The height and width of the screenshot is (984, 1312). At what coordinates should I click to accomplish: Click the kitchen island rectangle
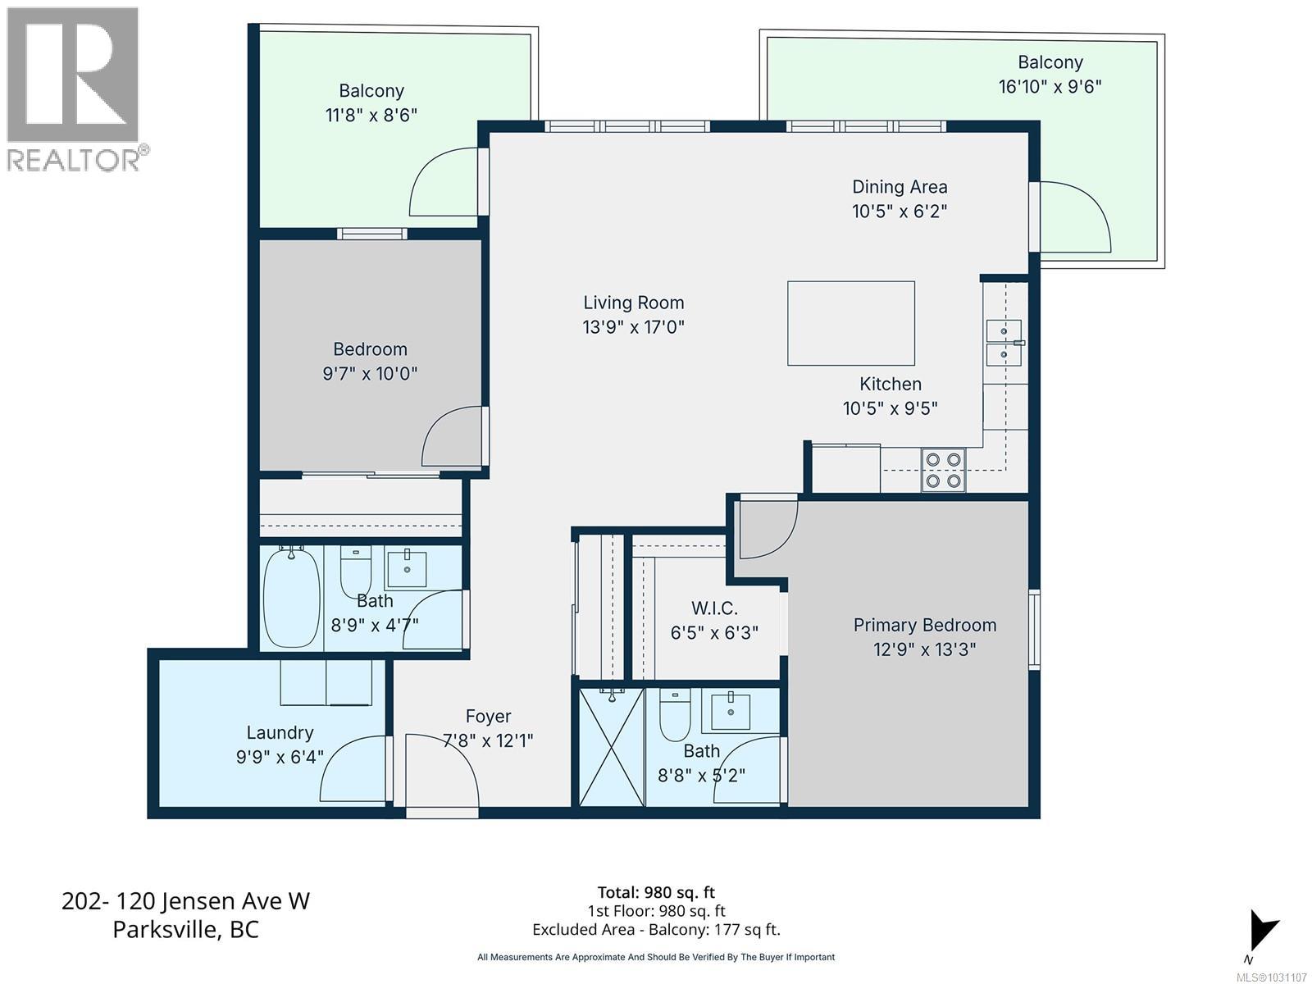coord(850,323)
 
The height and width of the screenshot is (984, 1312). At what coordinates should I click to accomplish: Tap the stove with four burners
coord(943,470)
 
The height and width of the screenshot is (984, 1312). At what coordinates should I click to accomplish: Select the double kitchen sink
coord(1004,342)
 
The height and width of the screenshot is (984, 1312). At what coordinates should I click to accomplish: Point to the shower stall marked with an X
coord(612,746)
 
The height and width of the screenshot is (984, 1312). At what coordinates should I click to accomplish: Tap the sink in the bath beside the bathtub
coord(406,568)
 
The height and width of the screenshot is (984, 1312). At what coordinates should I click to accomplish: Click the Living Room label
coord(633,303)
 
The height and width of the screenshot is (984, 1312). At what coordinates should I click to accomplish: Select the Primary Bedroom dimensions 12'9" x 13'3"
coord(924,649)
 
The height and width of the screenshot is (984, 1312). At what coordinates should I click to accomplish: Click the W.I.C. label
coord(713,608)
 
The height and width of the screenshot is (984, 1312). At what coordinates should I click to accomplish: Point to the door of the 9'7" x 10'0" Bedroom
coord(453,437)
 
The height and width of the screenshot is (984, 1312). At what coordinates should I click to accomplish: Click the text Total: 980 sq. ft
coord(656,892)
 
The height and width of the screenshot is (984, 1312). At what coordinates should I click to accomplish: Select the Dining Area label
coord(900,187)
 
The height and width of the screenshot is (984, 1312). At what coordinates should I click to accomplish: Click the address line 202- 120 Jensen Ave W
coord(185,901)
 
